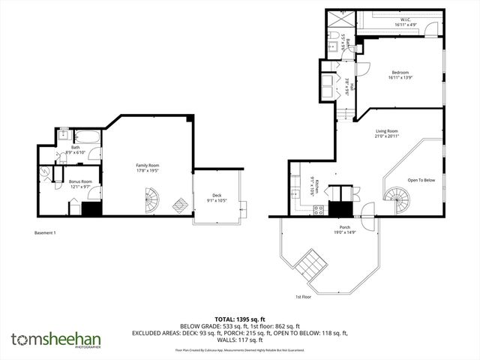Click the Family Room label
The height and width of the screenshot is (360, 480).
(147, 168)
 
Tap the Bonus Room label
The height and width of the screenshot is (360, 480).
(80, 184)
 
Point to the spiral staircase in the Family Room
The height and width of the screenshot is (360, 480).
(151, 200)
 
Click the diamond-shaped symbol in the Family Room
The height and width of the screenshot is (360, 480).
(181, 205)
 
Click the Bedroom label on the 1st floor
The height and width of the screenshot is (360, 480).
(398, 75)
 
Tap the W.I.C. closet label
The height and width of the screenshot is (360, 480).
(405, 22)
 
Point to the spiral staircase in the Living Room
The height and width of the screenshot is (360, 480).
(394, 197)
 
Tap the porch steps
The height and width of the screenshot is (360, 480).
(309, 264)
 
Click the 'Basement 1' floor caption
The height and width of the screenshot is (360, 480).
(45, 232)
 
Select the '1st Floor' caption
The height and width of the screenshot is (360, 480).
(303, 296)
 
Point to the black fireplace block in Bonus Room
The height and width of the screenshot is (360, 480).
(91, 209)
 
